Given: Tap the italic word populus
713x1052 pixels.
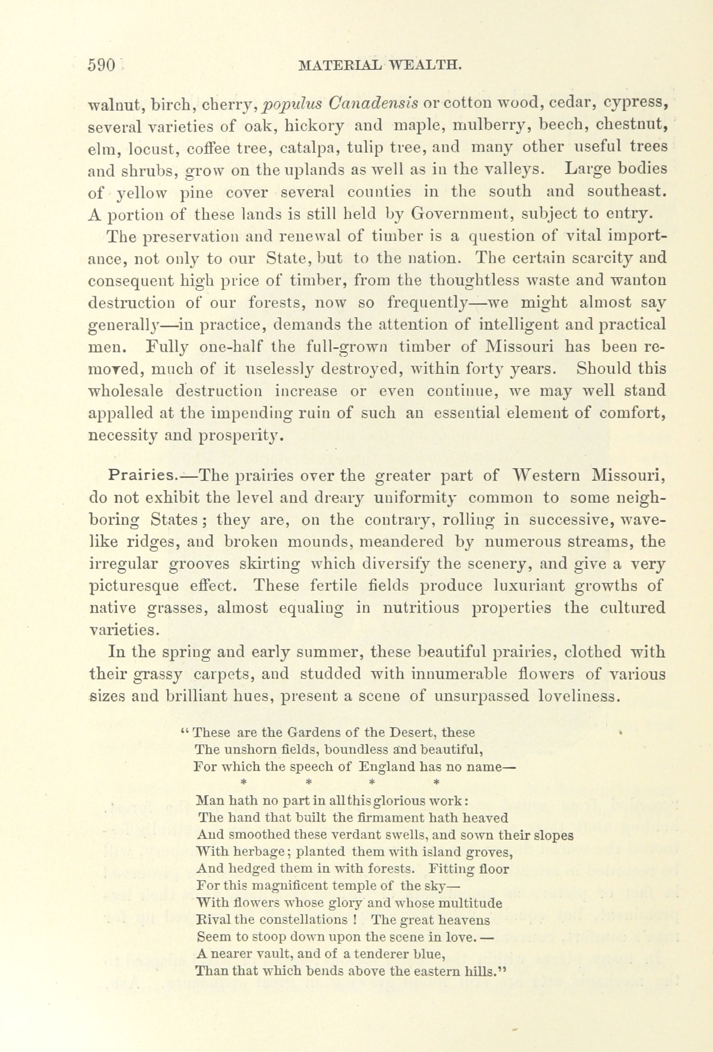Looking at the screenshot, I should point(292,104).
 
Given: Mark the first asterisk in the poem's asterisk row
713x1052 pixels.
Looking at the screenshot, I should point(243,782).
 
